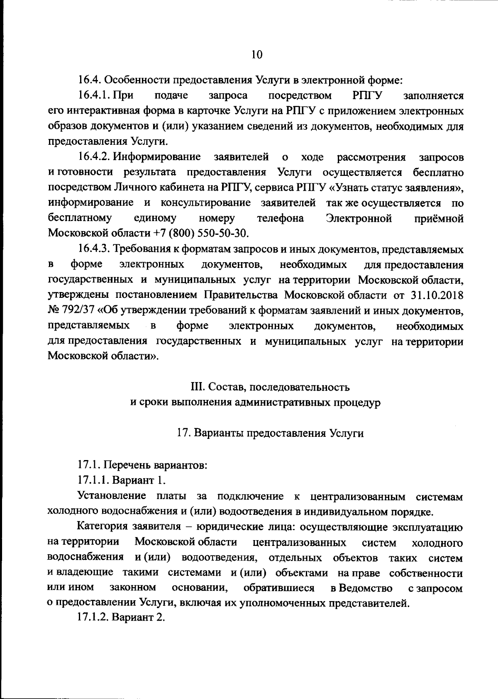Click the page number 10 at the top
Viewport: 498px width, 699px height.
coord(257,55)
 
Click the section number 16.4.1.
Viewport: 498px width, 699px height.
coord(94,96)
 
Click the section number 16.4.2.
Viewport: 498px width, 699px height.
coord(94,157)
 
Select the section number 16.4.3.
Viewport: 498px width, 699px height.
coord(94,249)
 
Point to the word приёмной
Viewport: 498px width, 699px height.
coord(439,218)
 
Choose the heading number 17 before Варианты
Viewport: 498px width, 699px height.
coord(183,433)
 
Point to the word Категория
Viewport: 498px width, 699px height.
coord(103,527)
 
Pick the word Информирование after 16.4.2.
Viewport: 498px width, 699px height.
coord(157,157)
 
